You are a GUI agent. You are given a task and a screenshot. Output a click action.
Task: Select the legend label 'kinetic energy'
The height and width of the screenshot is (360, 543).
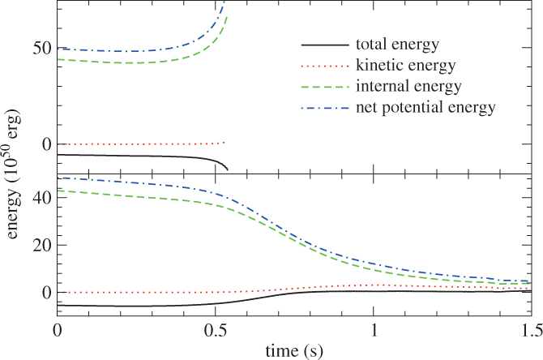[404, 64]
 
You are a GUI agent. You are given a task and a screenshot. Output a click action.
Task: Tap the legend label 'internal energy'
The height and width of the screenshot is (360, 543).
[408, 85]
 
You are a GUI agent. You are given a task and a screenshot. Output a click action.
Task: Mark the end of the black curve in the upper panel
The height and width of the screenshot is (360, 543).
[228, 169]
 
